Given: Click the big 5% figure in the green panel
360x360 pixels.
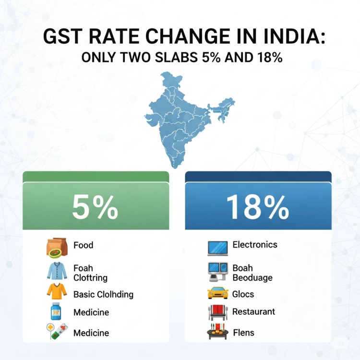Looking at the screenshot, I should coord(96,207).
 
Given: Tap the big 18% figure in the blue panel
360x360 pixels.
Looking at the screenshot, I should coord(257,207).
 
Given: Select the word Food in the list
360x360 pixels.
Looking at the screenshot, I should coord(83,245).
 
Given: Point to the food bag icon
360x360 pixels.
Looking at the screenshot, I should coord(57,247).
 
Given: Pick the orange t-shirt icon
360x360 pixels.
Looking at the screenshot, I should coord(56,292).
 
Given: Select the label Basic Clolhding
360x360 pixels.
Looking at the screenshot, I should coord(103,294).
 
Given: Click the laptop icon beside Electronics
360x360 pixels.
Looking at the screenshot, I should coord(217,247).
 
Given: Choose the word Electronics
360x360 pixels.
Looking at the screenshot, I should coord(255,245).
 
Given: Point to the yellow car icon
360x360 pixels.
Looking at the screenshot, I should coord(217,293).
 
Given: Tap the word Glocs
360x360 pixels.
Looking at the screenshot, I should coord(243,294).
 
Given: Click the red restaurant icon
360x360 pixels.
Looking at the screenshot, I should coord(217,312).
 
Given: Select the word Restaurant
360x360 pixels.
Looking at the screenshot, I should coord(253,312).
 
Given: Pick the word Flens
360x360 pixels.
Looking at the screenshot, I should coord(243,332).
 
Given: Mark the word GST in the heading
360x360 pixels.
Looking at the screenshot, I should coord(62,37).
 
